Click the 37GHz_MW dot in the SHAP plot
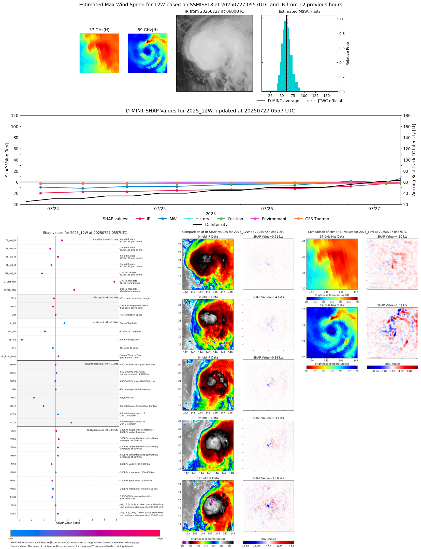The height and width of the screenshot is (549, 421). (x=114, y=282)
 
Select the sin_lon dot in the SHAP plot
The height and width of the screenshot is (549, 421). (x=22, y=340)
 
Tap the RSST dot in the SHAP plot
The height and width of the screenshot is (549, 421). (x=34, y=398)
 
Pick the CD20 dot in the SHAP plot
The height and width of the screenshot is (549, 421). (x=71, y=423)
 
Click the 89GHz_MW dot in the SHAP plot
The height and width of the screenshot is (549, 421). (x=74, y=290)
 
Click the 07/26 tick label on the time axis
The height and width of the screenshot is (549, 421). (x=267, y=209)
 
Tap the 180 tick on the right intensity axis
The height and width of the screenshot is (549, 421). (x=407, y=116)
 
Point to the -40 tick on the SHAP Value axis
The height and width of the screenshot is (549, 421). (x=15, y=205)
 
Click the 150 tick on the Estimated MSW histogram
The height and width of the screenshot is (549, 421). (x=326, y=96)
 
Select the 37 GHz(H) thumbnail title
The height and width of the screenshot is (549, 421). (x=99, y=30)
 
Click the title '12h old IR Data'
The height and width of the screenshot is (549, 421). (x=208, y=478)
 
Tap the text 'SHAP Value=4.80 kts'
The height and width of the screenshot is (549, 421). (x=392, y=237)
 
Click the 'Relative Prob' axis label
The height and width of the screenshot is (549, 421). (x=347, y=54)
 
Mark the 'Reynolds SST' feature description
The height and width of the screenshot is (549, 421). (x=127, y=398)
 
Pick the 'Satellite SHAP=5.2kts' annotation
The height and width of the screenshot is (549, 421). (x=105, y=239)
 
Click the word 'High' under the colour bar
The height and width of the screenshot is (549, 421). (x=160, y=539)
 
